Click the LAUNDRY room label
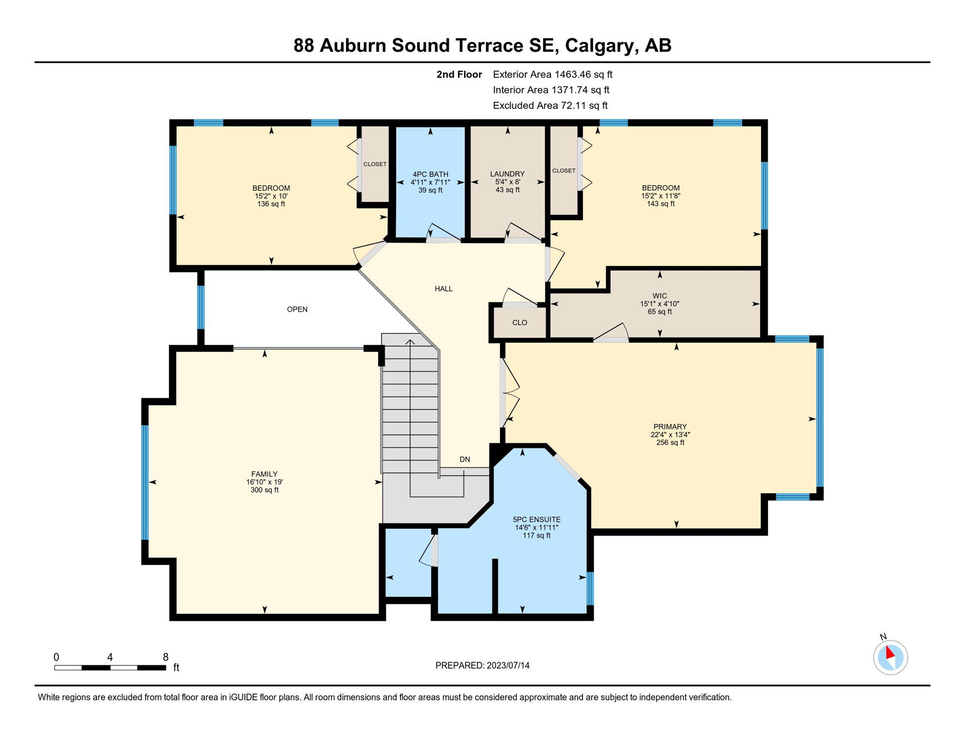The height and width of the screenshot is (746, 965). point(507,174)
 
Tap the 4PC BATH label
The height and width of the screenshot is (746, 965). point(430,174)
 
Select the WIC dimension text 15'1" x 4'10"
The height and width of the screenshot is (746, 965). point(659,304)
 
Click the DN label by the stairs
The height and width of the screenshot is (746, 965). point(465,459)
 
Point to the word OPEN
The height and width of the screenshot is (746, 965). point(297,309)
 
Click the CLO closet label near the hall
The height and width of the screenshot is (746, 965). point(519,323)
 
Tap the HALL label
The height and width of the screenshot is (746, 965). point(443,289)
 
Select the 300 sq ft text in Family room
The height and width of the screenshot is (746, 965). point(265,490)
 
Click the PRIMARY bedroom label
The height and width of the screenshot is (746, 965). point(670,427)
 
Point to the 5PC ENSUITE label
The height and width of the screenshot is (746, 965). point(536,520)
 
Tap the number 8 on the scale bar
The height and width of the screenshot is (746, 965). point(166,657)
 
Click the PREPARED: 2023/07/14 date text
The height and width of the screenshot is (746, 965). point(482,665)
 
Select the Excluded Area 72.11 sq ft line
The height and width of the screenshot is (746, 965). point(550,105)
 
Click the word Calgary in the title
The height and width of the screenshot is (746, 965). point(600,45)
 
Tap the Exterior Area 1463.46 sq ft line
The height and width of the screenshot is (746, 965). point(552,74)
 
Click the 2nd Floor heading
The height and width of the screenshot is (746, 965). point(459,74)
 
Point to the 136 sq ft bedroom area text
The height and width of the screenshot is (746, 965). point(271,204)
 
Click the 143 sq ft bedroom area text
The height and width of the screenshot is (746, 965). point(660,204)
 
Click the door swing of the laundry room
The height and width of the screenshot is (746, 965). point(523,232)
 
